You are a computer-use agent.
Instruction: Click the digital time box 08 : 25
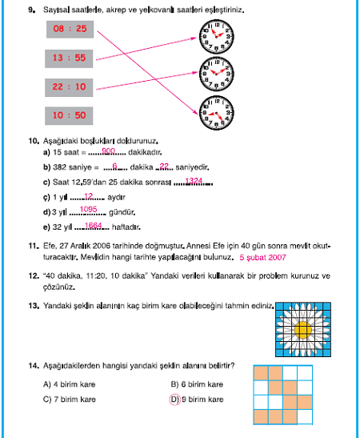click(70, 29)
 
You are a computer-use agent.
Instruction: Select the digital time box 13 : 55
click(69, 58)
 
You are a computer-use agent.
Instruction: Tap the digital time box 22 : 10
click(69, 87)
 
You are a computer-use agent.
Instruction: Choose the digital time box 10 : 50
click(69, 116)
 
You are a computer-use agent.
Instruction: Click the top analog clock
click(216, 37)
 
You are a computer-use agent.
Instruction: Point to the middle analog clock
click(216, 74)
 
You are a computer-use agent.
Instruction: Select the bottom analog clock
click(216, 113)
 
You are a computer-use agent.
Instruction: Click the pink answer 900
click(108, 151)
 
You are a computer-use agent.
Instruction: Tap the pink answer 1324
click(194, 181)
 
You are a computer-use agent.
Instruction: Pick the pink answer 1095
click(88, 209)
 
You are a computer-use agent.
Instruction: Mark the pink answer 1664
click(94, 226)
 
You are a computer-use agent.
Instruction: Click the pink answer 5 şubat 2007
click(262, 258)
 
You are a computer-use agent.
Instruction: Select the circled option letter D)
click(175, 400)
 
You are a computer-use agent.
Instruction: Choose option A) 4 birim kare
click(70, 384)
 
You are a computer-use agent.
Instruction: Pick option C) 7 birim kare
click(70, 400)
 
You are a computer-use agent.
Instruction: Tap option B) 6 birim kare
click(197, 384)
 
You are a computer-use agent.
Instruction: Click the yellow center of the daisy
click(303, 330)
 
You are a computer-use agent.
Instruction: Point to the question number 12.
click(34, 276)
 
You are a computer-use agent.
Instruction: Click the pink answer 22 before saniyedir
click(164, 167)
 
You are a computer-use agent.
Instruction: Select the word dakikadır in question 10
click(145, 152)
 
